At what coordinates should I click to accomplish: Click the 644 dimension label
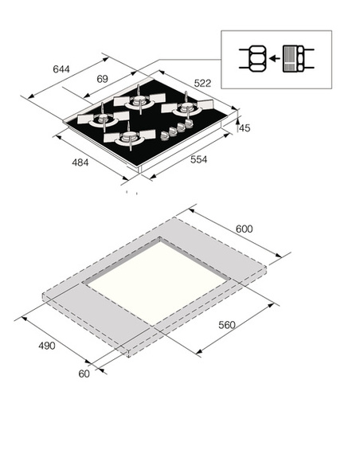[x=61, y=69]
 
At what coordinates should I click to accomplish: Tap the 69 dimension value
[x=102, y=79]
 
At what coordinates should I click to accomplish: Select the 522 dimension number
[x=202, y=83]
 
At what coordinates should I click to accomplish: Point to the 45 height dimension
[x=245, y=128]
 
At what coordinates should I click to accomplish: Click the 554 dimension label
[x=198, y=159]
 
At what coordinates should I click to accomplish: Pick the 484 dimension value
[x=80, y=162]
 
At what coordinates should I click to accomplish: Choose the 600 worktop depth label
[x=245, y=229]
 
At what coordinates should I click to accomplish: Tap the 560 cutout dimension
[x=227, y=325]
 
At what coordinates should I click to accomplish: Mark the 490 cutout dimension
[x=47, y=346]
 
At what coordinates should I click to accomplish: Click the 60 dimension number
[x=84, y=374]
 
